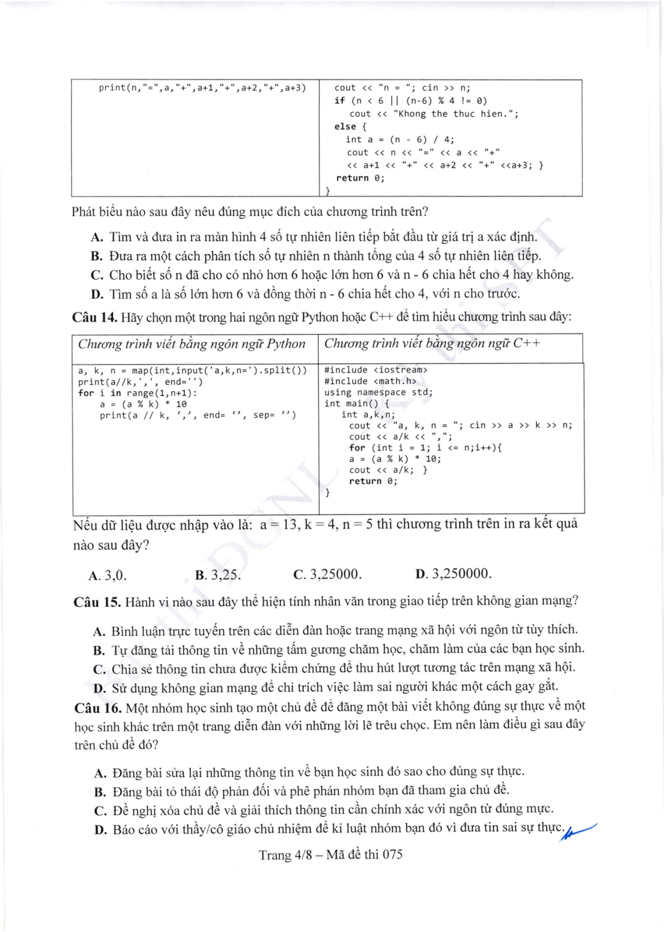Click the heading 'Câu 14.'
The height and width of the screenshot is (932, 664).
pyautogui.click(x=95, y=317)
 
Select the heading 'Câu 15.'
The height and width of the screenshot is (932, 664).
pyautogui.click(x=97, y=602)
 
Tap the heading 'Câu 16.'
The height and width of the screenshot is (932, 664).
pyautogui.click(x=98, y=707)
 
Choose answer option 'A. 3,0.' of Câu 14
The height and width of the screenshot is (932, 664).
pyautogui.click(x=107, y=575)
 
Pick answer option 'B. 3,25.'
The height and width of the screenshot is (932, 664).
pyautogui.click(x=218, y=575)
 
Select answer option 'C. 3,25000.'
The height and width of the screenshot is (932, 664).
pyautogui.click(x=327, y=574)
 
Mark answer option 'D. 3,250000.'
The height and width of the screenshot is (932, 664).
pyautogui.click(x=453, y=574)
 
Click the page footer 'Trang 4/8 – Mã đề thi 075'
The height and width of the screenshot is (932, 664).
pyautogui.click(x=331, y=855)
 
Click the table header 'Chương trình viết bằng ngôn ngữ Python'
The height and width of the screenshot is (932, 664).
pyautogui.click(x=192, y=344)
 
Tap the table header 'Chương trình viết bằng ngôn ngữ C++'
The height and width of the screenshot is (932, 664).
pyautogui.click(x=432, y=343)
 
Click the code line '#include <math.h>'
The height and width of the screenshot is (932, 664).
pyautogui.click(x=370, y=381)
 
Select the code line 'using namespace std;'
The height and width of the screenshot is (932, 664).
pyautogui.click(x=379, y=392)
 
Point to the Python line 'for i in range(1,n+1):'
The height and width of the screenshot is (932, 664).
pyautogui.click(x=138, y=393)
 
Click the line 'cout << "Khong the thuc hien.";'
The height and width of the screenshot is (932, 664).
pyautogui.click(x=434, y=114)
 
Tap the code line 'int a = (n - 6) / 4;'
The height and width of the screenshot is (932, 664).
pyautogui.click(x=400, y=139)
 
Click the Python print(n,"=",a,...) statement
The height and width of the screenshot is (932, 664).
pyautogui.click(x=202, y=88)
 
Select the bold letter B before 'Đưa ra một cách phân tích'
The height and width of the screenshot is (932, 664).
pyautogui.click(x=97, y=256)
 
